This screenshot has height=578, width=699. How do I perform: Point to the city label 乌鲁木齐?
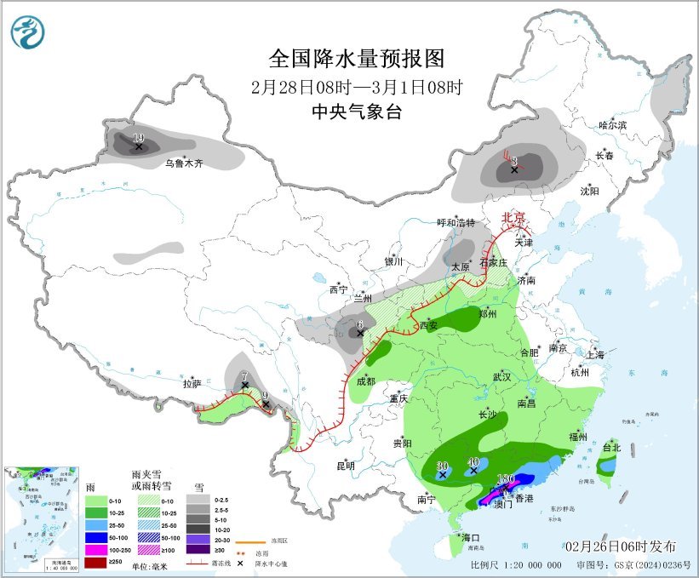[x=184, y=163]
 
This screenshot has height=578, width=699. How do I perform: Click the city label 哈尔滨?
[x=612, y=125]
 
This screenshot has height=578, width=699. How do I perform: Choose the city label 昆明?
[x=345, y=466]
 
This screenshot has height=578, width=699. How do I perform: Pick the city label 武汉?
[x=501, y=376]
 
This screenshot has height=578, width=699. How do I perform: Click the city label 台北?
[x=611, y=447]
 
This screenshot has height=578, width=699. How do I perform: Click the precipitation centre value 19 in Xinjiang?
[x=139, y=137]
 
